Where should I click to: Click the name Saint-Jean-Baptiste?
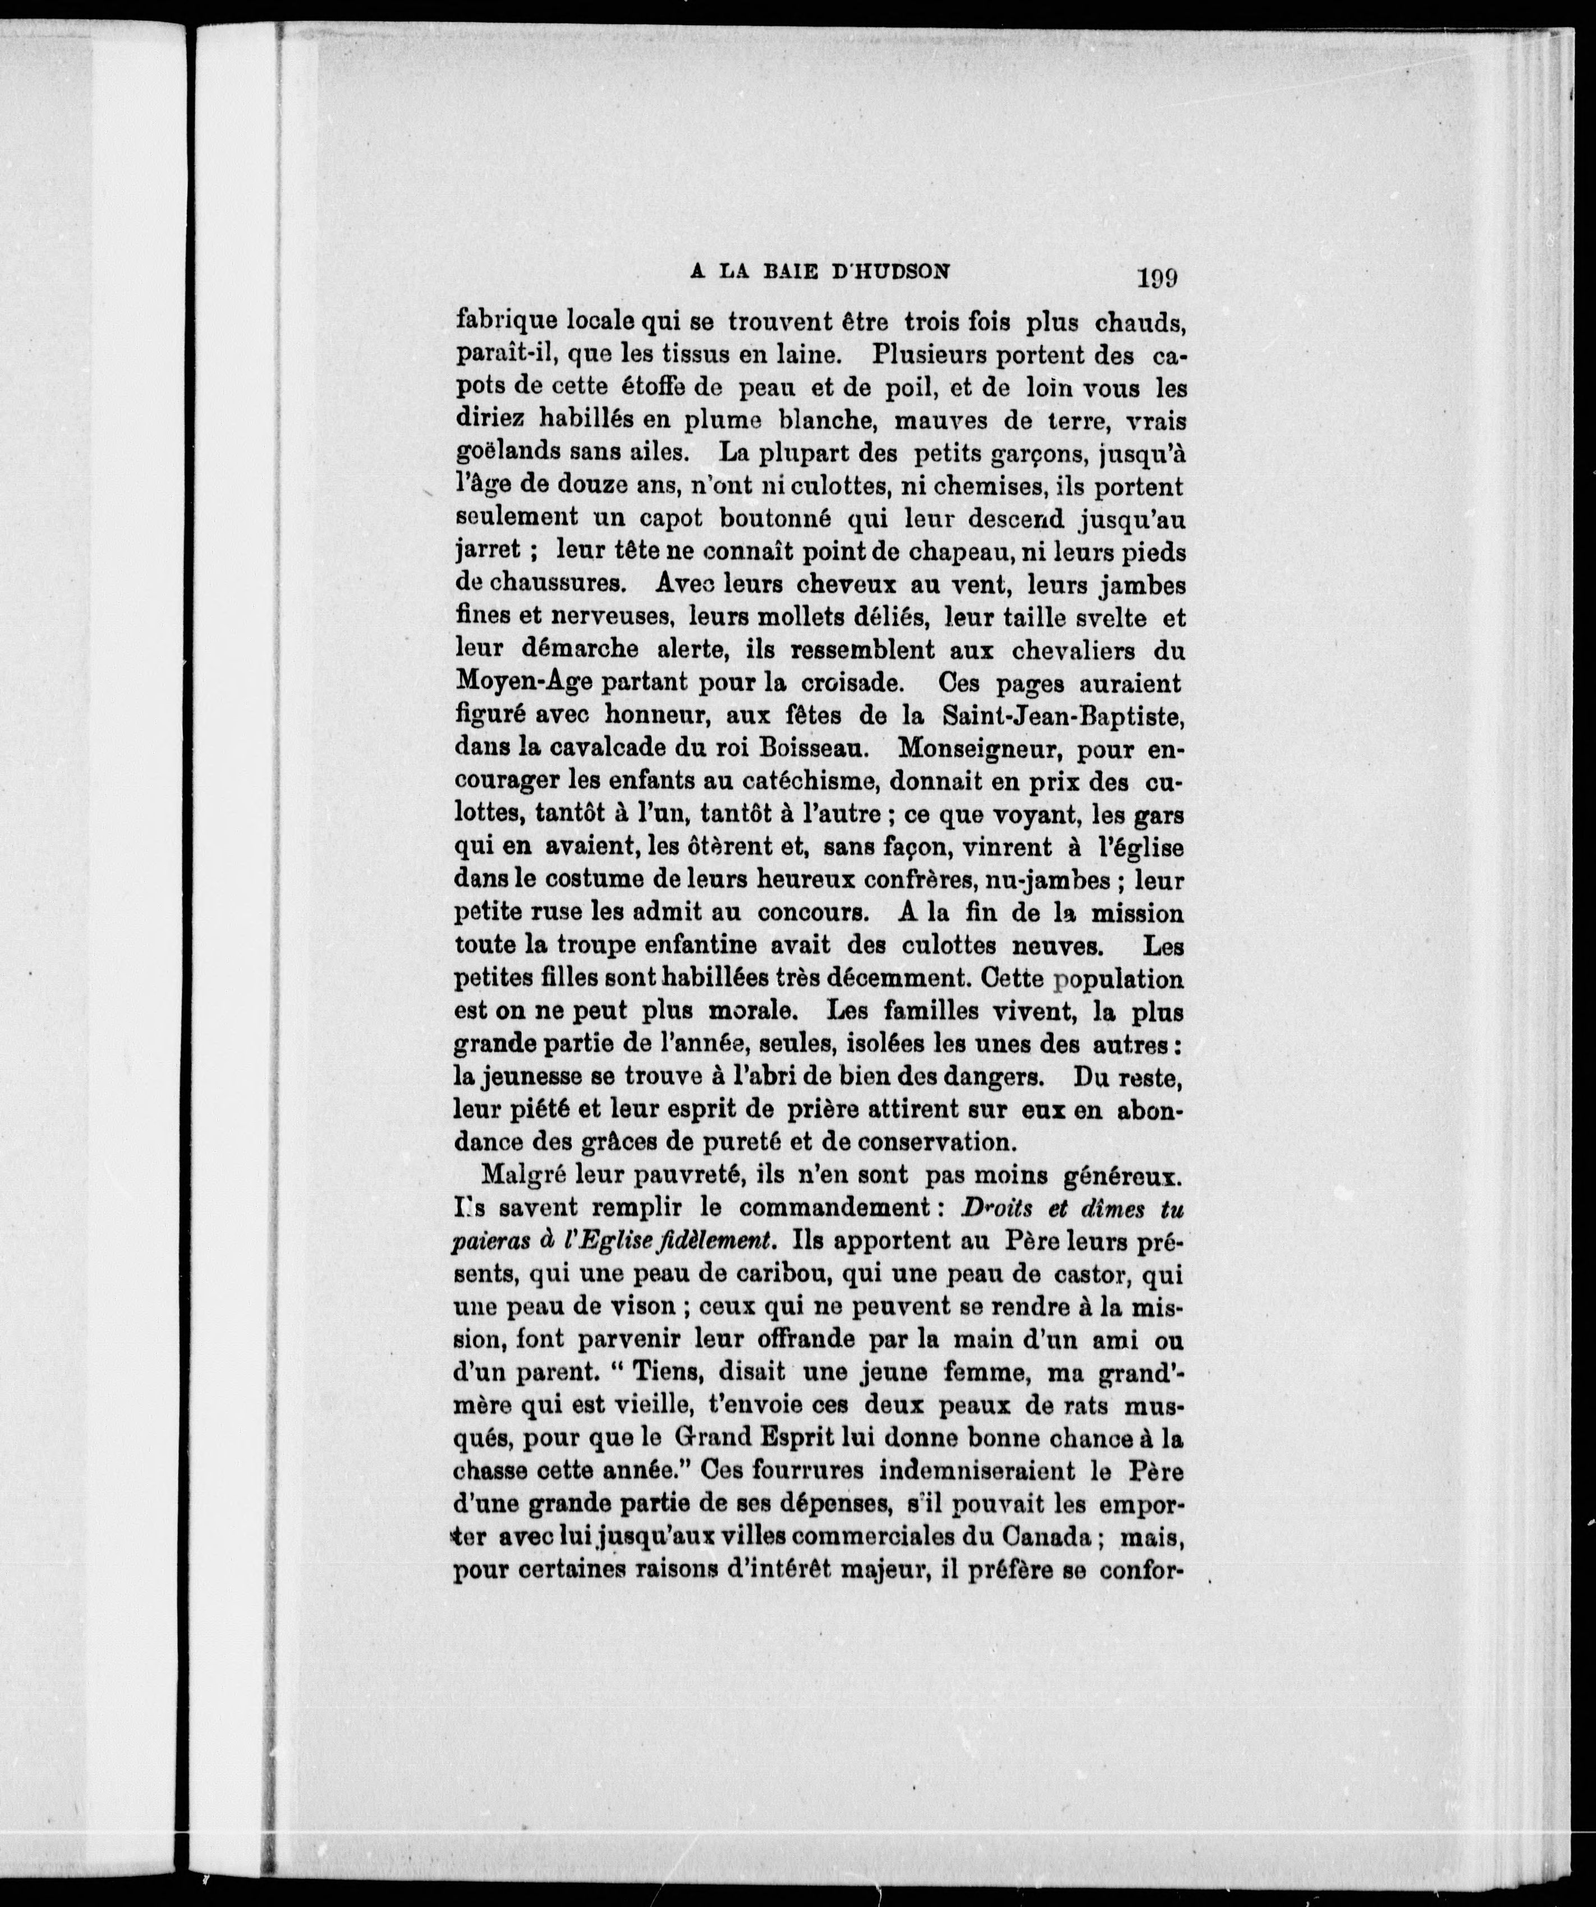click(1063, 716)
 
